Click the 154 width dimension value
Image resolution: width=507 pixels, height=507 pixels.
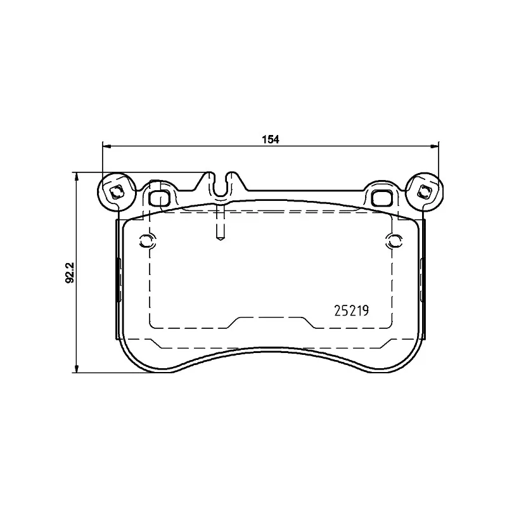[271, 139]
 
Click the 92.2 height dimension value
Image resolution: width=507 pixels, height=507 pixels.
[70, 273]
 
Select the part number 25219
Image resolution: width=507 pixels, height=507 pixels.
[351, 311]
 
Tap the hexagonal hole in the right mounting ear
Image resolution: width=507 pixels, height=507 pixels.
[423, 193]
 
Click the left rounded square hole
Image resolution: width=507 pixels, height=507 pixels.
[160, 198]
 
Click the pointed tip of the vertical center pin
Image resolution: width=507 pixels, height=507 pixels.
[220, 240]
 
